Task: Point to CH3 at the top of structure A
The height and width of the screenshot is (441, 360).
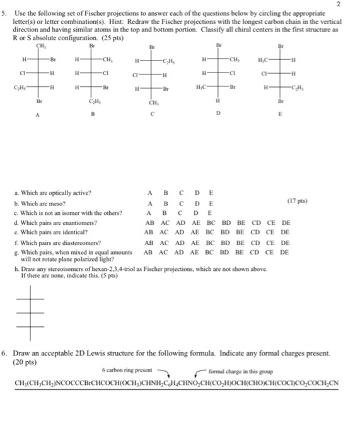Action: click(42, 46)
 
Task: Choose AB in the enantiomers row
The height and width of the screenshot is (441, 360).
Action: click(150, 222)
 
